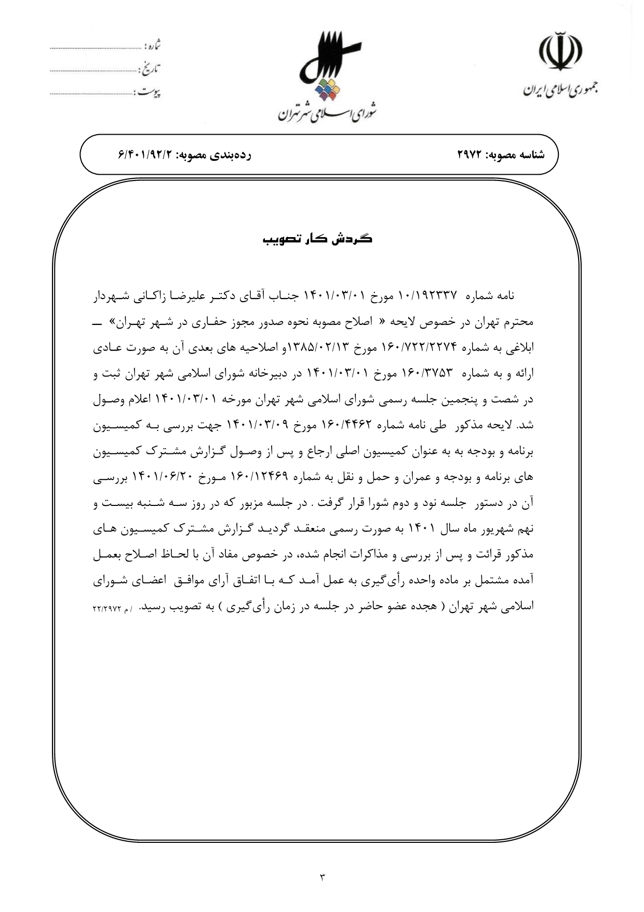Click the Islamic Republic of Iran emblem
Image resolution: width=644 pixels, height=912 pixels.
click(x=559, y=51)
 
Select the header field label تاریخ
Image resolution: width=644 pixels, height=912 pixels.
click(x=151, y=68)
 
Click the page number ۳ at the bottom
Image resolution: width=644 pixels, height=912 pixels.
click(x=322, y=878)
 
